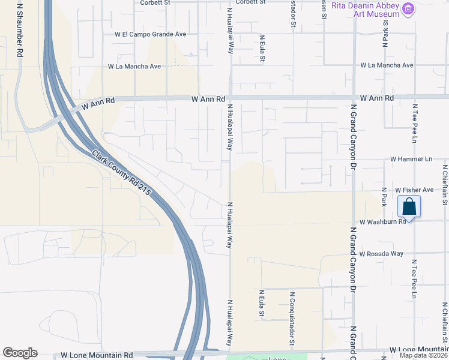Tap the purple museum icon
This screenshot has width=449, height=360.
408,9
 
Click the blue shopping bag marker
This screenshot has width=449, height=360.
409,207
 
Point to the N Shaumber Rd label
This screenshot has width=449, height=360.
20,30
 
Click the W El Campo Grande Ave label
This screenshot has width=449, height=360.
151,34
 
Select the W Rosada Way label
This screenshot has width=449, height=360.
381,254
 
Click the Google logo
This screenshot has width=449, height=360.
20,353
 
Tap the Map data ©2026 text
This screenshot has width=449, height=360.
423,355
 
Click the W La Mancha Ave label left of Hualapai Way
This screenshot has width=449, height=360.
134,67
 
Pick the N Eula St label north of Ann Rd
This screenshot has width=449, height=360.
262,49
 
